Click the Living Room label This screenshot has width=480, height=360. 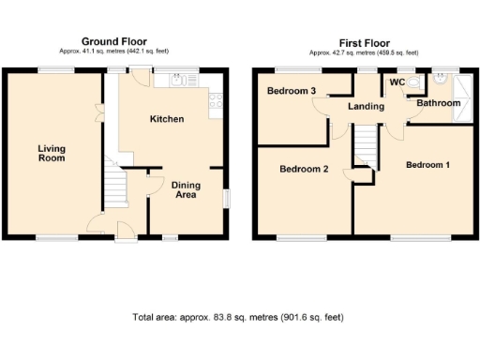[52, 154]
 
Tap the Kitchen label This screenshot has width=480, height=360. [167, 119]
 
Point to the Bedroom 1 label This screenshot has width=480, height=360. [427, 165]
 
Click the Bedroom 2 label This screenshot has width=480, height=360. [304, 170]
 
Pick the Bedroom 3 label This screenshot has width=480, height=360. [290, 91]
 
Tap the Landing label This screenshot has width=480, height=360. [366, 107]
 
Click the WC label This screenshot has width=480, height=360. [396, 82]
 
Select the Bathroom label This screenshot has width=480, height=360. [439, 103]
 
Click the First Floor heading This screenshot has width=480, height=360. [365, 41]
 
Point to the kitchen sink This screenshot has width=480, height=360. [174, 81]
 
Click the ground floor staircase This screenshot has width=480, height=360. [114, 181]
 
